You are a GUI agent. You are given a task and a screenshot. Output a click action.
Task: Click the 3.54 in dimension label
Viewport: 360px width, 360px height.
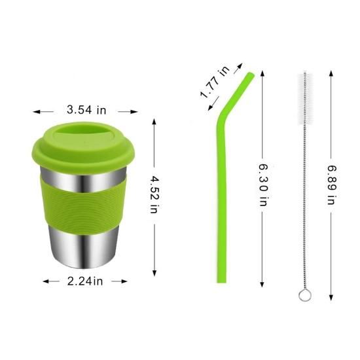click(x=86, y=110)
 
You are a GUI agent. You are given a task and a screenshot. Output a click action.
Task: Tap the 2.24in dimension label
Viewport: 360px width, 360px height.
click(x=85, y=281)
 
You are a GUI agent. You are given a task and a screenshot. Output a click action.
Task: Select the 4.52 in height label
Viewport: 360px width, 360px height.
click(x=154, y=194)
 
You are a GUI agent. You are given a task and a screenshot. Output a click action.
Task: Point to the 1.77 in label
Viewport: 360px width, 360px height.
click(x=215, y=82)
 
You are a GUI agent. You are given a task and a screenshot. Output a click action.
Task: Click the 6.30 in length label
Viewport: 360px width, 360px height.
click(x=263, y=185)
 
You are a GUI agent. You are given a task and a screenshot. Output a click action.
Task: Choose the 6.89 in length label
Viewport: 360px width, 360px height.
click(x=332, y=185)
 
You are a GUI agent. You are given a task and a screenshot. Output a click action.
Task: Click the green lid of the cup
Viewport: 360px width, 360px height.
click(x=83, y=146)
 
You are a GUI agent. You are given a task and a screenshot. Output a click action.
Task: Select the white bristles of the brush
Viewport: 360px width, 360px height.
click(x=305, y=99)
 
